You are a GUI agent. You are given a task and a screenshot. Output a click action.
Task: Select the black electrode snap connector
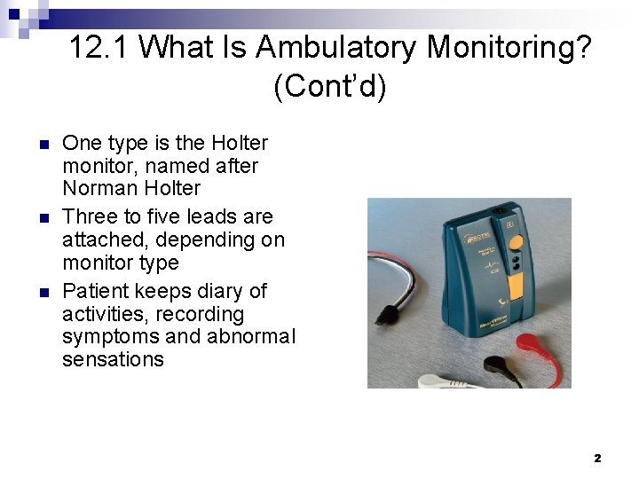(493, 365)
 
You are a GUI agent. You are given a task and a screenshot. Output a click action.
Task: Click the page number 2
(597, 458)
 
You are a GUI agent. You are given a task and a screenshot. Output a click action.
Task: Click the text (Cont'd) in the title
(330, 86)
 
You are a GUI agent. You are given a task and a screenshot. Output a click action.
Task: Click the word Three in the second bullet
(90, 216)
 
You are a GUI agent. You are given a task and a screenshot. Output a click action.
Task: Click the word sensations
(113, 359)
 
